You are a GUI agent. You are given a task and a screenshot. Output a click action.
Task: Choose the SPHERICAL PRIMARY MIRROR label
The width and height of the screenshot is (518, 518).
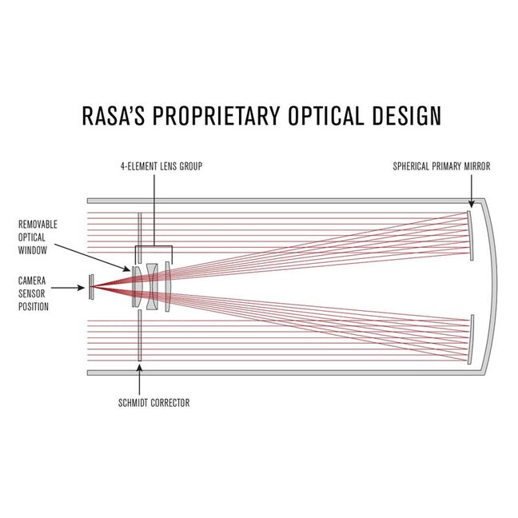click(442, 166)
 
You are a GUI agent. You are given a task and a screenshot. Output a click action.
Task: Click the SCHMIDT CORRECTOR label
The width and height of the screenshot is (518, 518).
click(153, 404)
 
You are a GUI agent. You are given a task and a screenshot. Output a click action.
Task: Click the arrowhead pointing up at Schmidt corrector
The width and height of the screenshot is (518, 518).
click(139, 368)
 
